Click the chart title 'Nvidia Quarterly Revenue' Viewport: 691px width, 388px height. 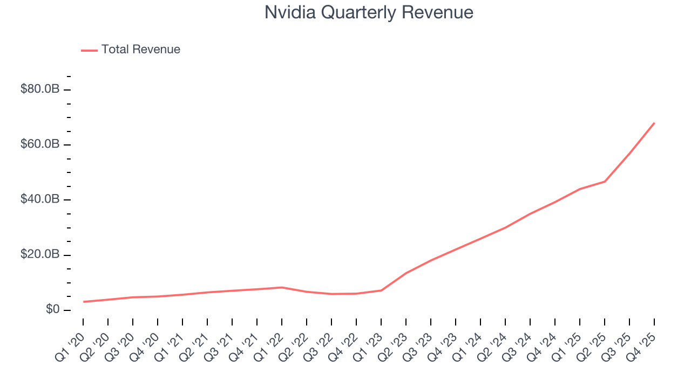pyautogui.click(x=369, y=12)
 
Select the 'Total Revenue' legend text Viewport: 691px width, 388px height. pyautogui.click(x=140, y=50)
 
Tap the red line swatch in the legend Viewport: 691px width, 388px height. pyautogui.click(x=89, y=50)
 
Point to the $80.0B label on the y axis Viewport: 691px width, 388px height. pyautogui.click(x=40, y=89)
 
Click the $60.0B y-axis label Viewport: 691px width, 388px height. pyautogui.click(x=40, y=144)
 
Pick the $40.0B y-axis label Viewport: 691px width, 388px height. pyautogui.click(x=40, y=199)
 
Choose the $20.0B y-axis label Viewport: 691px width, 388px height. pyautogui.click(x=40, y=255)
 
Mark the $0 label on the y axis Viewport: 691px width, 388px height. pyautogui.click(x=52, y=310)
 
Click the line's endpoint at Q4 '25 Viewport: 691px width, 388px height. pyautogui.click(x=654, y=123)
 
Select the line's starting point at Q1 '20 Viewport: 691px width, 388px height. pyautogui.click(x=83, y=302)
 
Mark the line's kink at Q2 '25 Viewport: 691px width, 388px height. pyautogui.click(x=605, y=181)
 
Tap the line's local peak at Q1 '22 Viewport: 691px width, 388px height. pyautogui.click(x=282, y=287)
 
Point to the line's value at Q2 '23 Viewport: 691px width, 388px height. pyautogui.click(x=406, y=273)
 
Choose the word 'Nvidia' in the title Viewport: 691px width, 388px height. pyautogui.click(x=289, y=12)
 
